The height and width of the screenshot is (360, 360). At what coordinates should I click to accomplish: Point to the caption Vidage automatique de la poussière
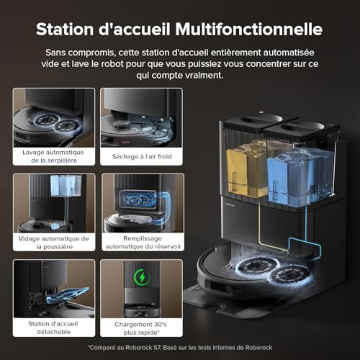(x=54, y=242)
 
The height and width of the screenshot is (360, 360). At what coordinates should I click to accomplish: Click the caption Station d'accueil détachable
(x=54, y=328)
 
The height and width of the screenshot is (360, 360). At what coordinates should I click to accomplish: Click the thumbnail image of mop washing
(x=54, y=117)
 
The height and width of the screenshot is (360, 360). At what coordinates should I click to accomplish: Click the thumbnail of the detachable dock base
(x=54, y=288)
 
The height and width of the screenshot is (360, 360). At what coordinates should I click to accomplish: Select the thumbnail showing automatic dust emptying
(x=54, y=202)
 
